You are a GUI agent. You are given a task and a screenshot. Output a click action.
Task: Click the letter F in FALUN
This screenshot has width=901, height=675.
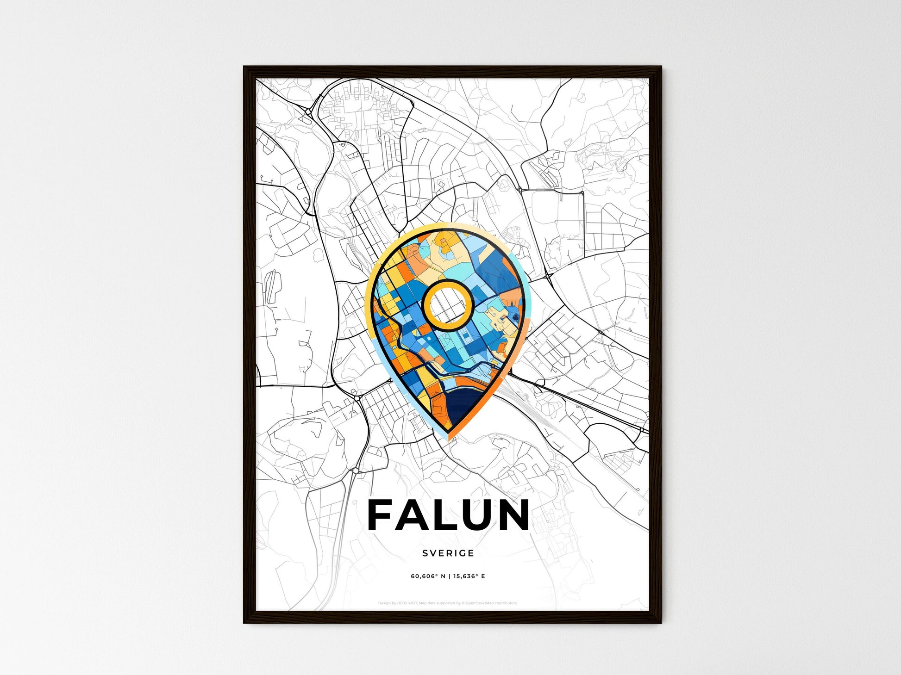click(382, 515)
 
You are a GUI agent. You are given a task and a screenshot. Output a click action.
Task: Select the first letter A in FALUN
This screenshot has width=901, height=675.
click(409, 515)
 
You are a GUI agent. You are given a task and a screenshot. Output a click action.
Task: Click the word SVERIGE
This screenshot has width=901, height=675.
click(448, 553)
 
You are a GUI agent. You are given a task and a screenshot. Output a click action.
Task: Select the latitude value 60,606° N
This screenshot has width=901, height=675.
click(428, 576)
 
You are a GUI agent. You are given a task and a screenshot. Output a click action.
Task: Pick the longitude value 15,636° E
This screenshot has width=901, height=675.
click(469, 576)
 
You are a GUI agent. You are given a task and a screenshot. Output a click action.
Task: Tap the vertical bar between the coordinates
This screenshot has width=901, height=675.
click(449, 576)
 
